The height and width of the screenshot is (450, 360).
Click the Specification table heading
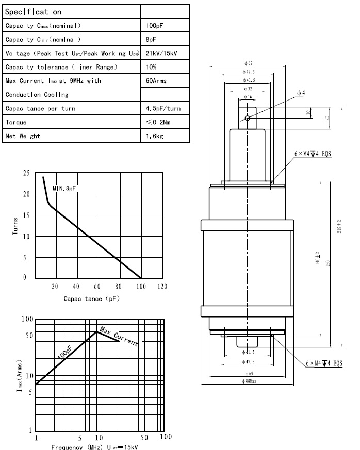[x=33, y=12]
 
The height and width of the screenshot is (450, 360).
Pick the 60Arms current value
[x=156, y=81]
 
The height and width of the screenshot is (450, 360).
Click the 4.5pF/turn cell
[x=163, y=109]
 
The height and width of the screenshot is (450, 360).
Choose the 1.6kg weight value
[x=154, y=137]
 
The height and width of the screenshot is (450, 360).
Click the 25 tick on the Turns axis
[x=26, y=174]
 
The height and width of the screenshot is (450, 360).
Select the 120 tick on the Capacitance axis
[x=161, y=286]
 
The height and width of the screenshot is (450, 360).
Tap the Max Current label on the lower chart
[x=119, y=336]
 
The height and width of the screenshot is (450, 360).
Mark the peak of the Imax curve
[x=96, y=331]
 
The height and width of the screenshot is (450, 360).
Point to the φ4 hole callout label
[x=301, y=93]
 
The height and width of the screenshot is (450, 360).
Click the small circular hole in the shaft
[x=248, y=118]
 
